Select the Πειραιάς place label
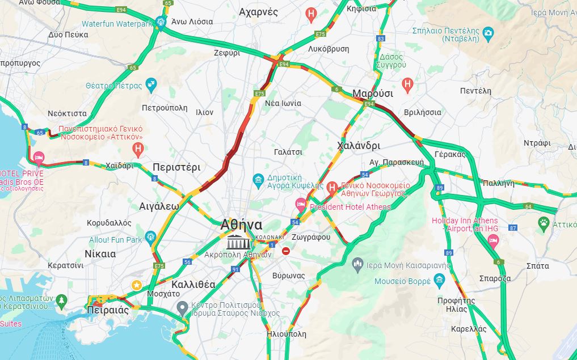(108, 311)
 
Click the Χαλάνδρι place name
(358, 146)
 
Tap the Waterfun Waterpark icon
(161, 23)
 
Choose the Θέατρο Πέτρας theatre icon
(151, 85)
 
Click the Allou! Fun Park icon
(150, 236)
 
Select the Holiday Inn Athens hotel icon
(493, 243)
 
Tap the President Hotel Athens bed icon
(301, 203)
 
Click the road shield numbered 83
(380, 39)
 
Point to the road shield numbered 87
(513, 228)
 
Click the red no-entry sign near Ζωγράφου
(286, 251)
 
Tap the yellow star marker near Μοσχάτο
(136, 285)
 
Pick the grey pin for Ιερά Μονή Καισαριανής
(357, 263)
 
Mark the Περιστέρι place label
(176, 167)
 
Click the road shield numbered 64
(528, 206)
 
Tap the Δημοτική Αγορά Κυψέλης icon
(258, 181)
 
